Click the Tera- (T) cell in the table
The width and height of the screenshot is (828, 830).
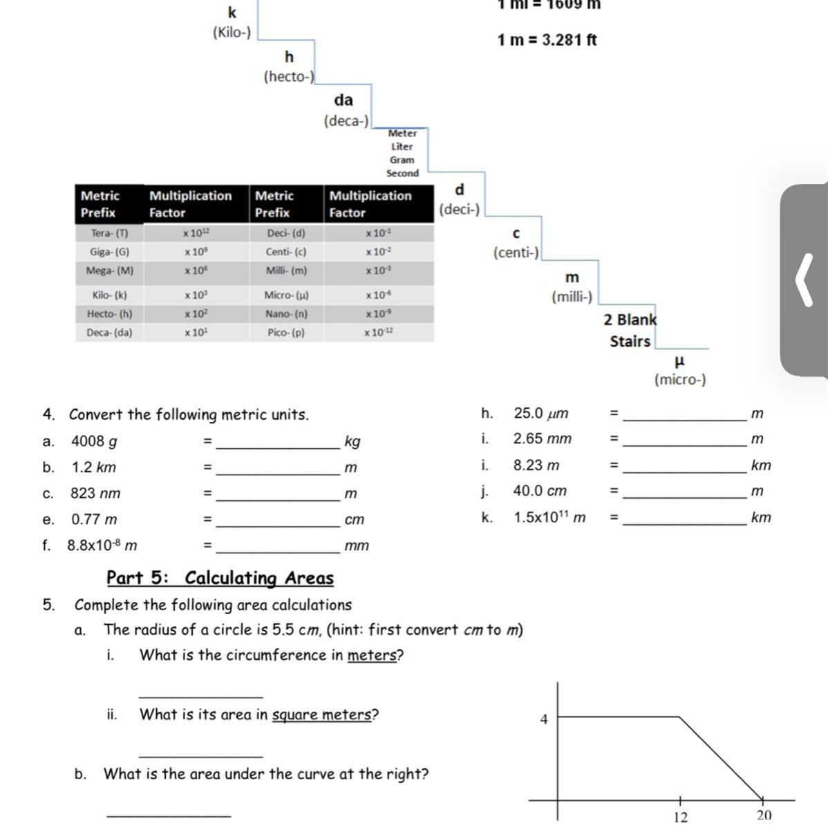(x=109, y=233)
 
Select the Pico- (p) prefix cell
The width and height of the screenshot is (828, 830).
(x=286, y=333)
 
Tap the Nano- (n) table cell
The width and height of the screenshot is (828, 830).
(x=286, y=314)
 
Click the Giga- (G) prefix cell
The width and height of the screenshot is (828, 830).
(x=109, y=252)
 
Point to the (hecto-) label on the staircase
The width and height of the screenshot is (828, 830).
(x=289, y=77)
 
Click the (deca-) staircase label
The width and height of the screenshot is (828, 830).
(x=346, y=121)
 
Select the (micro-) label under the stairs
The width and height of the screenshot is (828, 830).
(x=680, y=380)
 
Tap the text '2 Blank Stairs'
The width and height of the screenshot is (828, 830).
(x=630, y=331)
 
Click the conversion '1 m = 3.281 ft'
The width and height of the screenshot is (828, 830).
(x=547, y=40)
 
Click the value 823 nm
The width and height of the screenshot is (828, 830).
(x=95, y=494)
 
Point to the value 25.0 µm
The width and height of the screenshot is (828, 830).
(x=541, y=414)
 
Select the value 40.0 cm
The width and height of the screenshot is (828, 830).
(x=540, y=491)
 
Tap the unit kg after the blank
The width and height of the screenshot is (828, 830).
(x=352, y=442)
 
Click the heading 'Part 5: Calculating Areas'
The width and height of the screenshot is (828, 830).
(x=220, y=578)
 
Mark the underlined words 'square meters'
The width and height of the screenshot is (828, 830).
(x=321, y=715)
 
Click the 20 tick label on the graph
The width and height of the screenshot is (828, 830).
(x=764, y=816)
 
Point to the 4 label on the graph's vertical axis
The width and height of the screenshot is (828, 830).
(x=544, y=719)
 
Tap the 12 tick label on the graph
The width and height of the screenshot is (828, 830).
(x=680, y=817)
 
